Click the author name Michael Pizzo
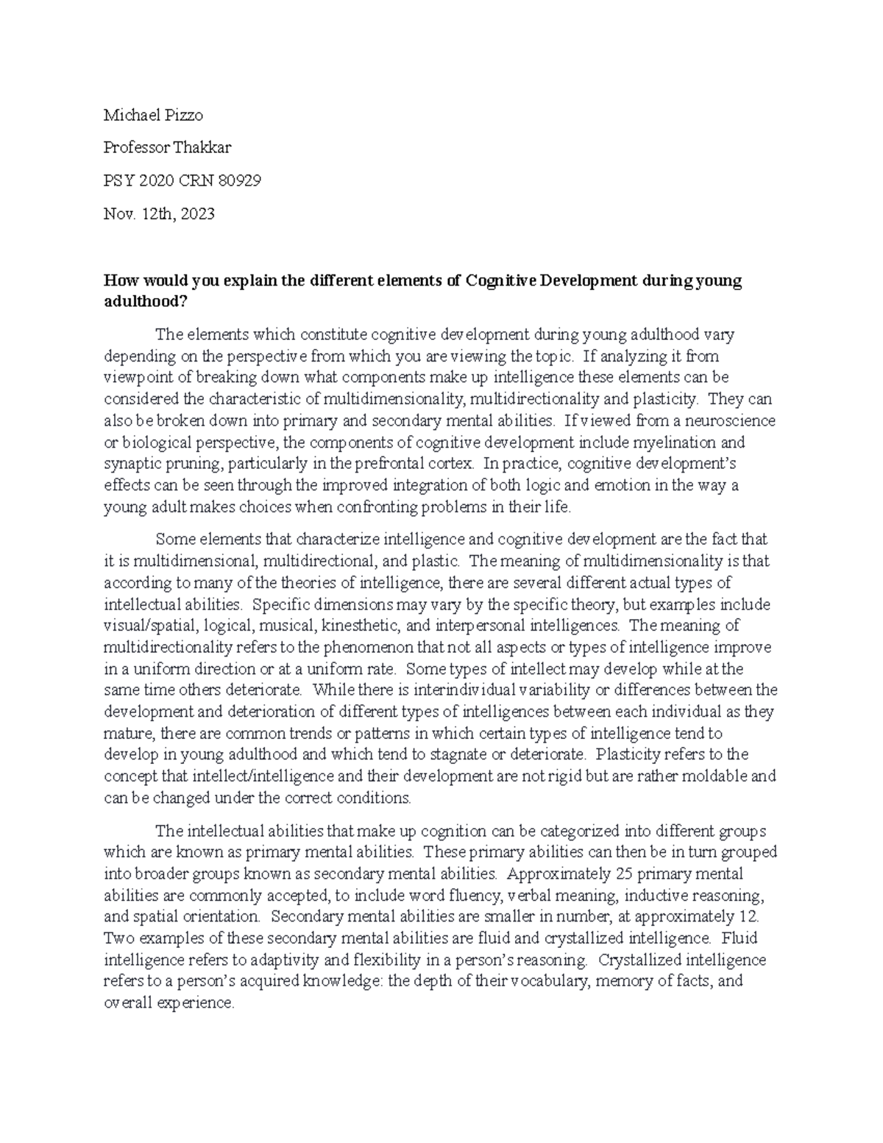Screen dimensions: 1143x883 click(x=153, y=115)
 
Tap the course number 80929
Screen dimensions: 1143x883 click(x=234, y=180)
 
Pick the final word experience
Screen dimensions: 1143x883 click(x=196, y=1002)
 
